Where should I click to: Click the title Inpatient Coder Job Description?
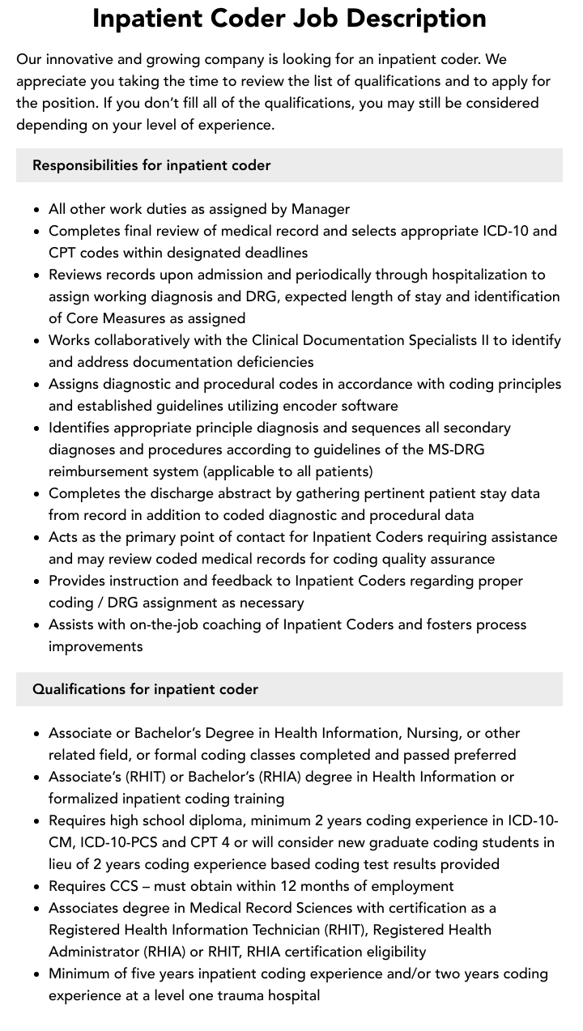289,18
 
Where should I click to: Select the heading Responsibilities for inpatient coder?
151,165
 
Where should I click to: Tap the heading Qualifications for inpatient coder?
145,689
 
